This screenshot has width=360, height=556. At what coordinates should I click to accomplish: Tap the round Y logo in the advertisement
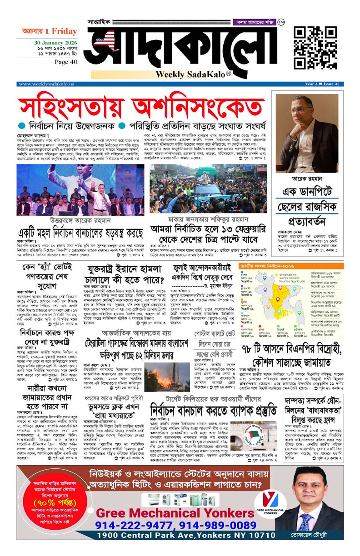270,501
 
